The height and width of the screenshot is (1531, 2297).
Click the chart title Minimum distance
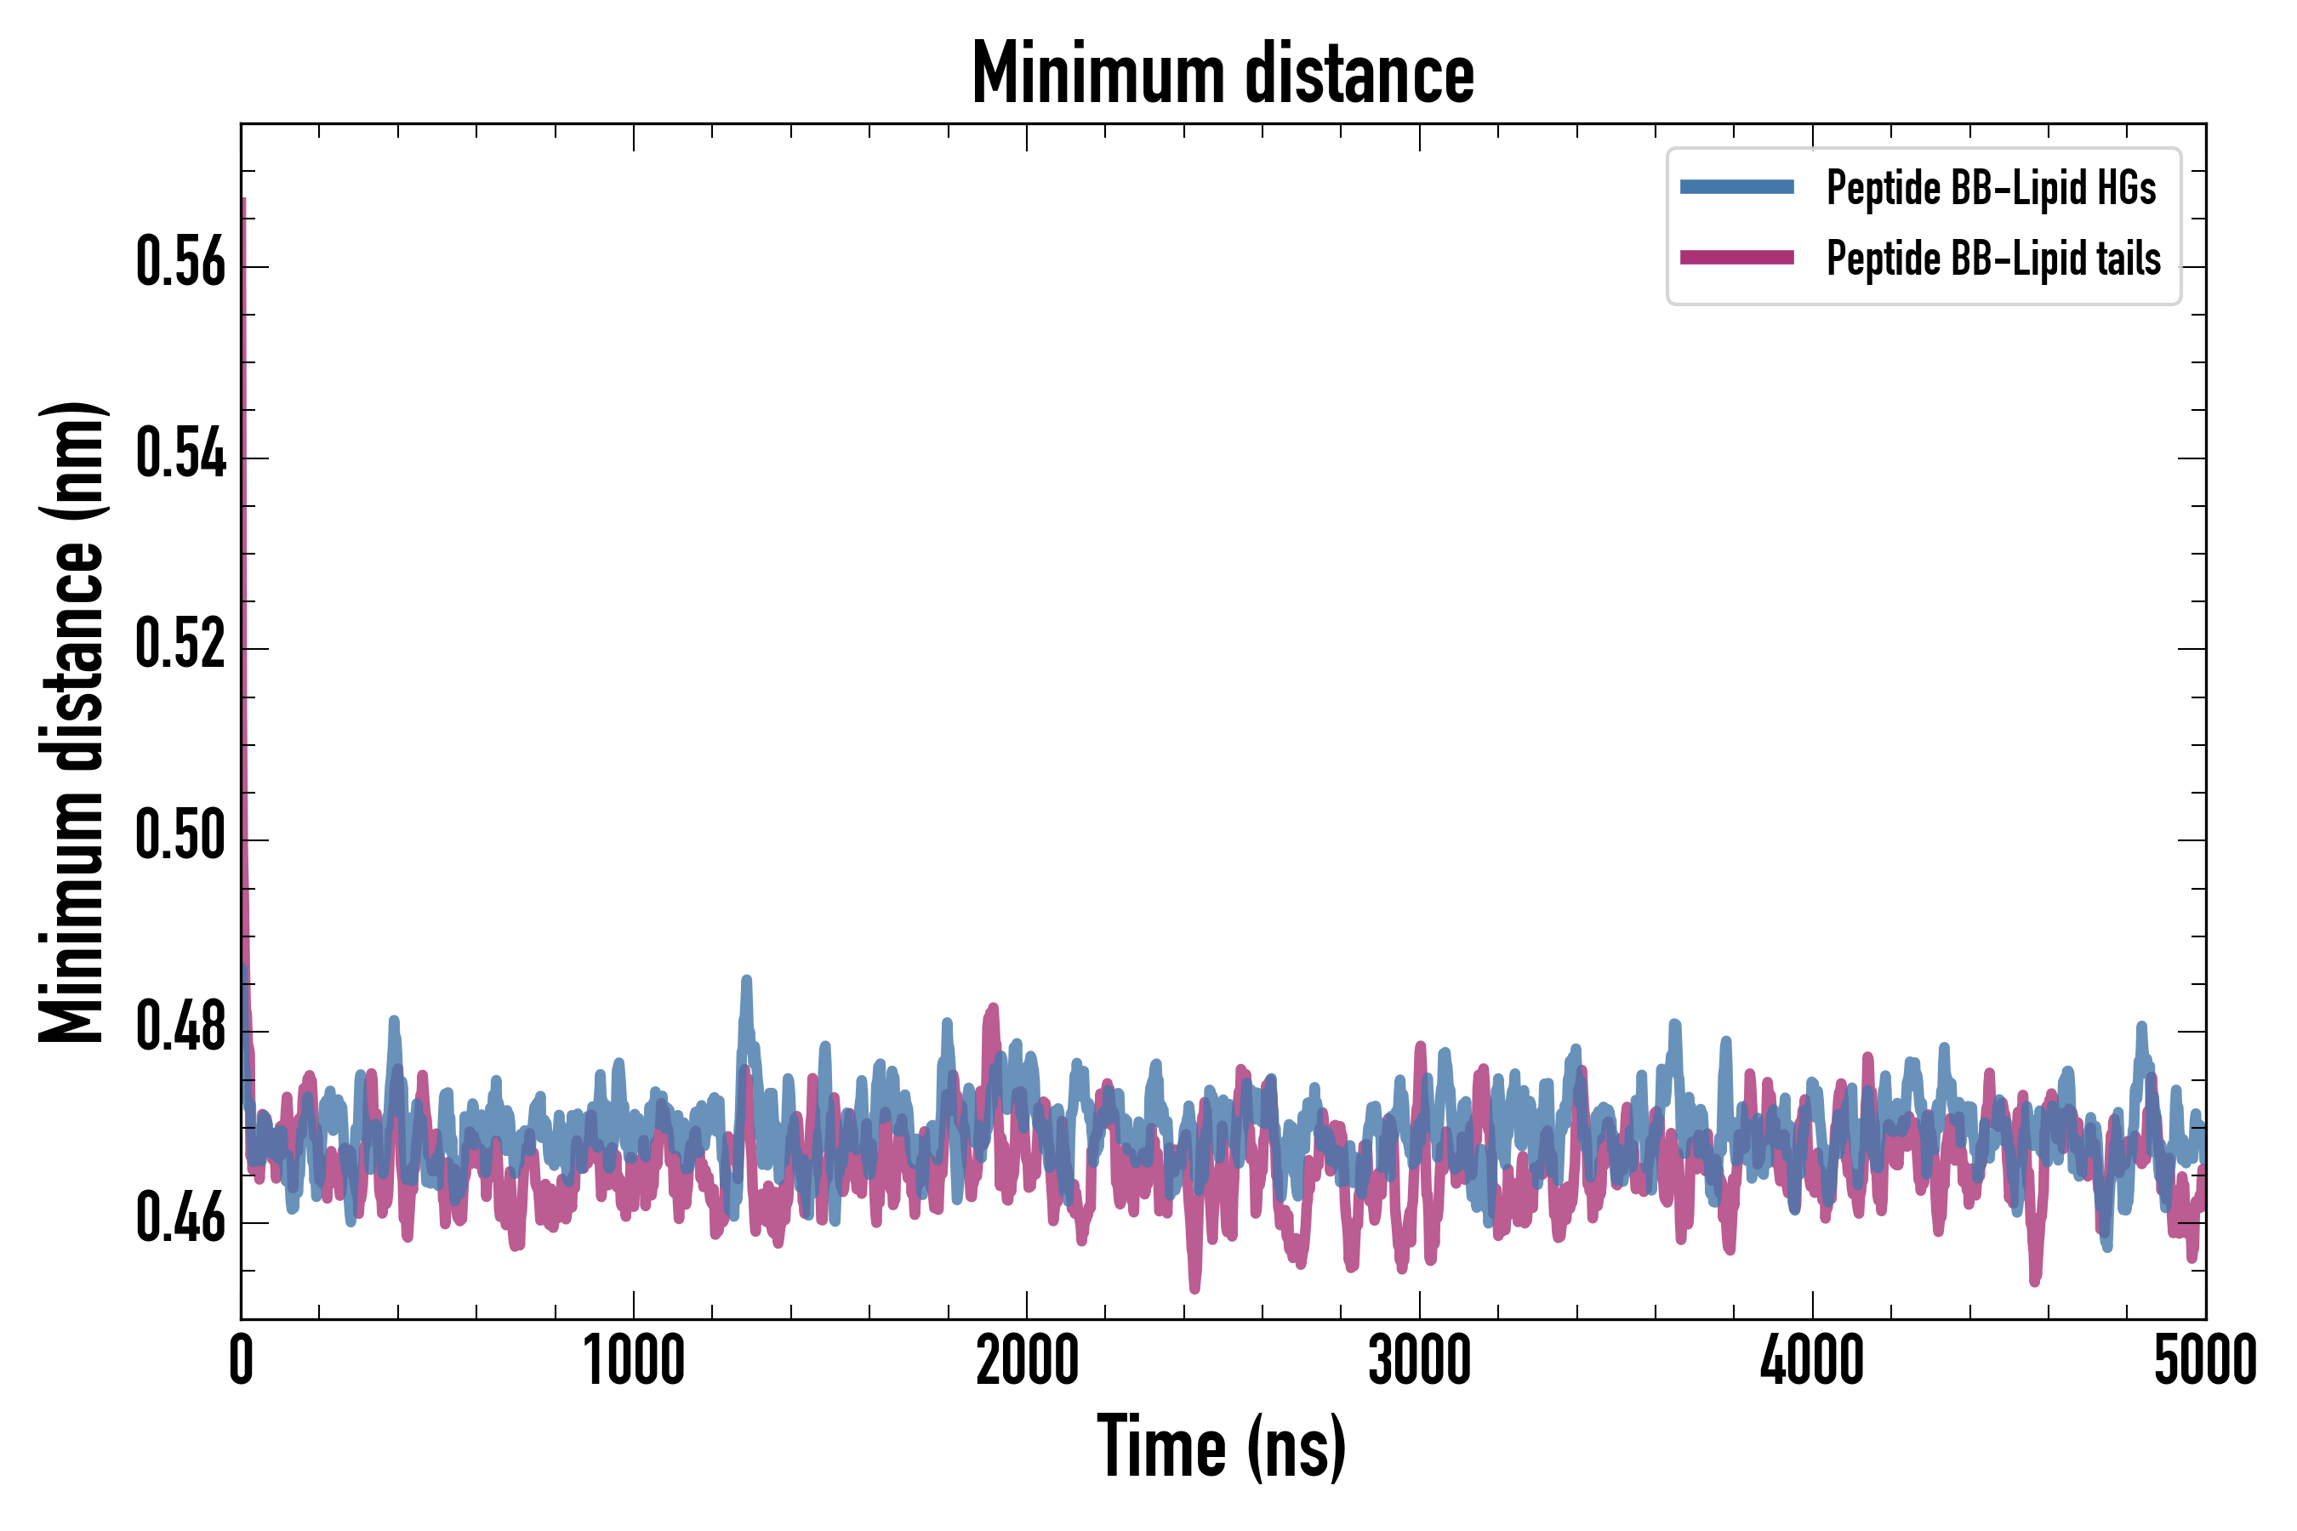[1223, 73]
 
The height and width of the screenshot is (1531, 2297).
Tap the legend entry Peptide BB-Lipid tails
[1993, 259]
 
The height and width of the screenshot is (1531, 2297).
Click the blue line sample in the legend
[1736, 187]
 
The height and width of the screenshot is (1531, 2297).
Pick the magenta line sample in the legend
[1736, 258]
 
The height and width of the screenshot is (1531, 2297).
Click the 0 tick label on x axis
[242, 1361]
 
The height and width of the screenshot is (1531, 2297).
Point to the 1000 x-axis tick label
[634, 1361]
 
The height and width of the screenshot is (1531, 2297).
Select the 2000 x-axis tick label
[1027, 1361]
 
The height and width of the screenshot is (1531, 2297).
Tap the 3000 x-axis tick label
[1419, 1361]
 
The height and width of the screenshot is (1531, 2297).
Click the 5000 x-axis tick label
[2204, 1361]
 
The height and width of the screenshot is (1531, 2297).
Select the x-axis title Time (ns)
[1222, 1448]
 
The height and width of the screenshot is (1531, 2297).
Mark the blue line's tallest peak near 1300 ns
[747, 979]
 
